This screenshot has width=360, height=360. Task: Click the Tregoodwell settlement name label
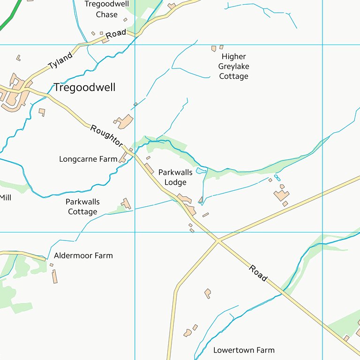tap(84, 88)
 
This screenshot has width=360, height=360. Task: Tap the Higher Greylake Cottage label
tap(233, 67)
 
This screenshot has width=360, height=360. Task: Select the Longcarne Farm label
tap(88, 159)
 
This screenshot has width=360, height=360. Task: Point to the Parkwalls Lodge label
tap(175, 177)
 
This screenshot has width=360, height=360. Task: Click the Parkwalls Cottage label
tap(82, 207)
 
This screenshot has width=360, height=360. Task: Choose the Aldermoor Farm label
tap(83, 255)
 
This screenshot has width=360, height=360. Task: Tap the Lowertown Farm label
tap(244, 350)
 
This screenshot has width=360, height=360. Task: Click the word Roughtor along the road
tap(106, 135)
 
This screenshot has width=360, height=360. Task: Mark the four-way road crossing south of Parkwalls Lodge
tap(217, 241)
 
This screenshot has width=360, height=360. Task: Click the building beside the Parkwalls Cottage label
tap(126, 203)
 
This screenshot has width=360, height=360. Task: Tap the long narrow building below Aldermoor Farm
tap(55, 276)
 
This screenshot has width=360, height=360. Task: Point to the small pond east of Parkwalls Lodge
tap(201, 171)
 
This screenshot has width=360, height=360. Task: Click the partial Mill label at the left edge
tap(5, 198)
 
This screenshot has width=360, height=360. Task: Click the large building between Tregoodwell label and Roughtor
tap(125, 121)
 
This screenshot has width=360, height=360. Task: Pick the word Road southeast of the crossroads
tap(258, 273)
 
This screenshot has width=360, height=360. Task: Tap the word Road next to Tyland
tap(116, 34)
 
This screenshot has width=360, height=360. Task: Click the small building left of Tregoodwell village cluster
tap(18, 58)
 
